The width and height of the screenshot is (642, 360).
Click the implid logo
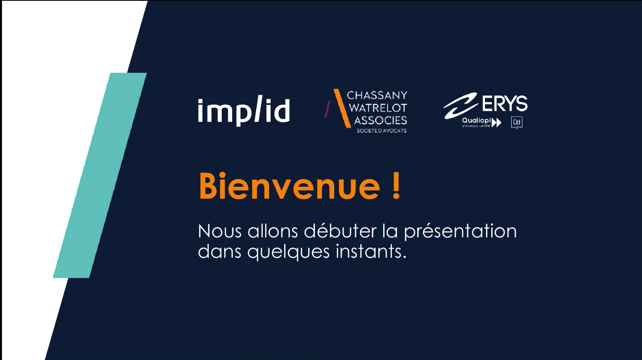[243, 111]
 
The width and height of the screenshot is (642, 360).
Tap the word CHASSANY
[377, 95]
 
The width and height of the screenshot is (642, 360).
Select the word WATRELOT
[378, 107]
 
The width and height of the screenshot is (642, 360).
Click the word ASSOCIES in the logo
[380, 120]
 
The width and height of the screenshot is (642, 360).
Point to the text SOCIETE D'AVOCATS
[381, 131]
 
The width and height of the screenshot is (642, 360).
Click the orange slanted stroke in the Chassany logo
[342, 108]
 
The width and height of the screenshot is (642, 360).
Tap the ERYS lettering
[505, 103]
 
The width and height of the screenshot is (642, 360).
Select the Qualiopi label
[476, 120]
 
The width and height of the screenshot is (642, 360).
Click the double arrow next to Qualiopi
[496, 122]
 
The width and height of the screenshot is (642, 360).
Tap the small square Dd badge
[517, 122]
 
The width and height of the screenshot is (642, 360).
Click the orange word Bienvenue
[289, 186]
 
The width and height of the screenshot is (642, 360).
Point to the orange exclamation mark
[396, 186]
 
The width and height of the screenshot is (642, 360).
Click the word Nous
[220, 231]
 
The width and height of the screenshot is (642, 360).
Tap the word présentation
[460, 232]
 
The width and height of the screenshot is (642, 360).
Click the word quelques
[288, 252]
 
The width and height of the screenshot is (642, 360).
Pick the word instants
[371, 251]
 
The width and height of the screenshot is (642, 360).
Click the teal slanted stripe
[100, 175]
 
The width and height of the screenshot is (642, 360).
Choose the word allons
[273, 231]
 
